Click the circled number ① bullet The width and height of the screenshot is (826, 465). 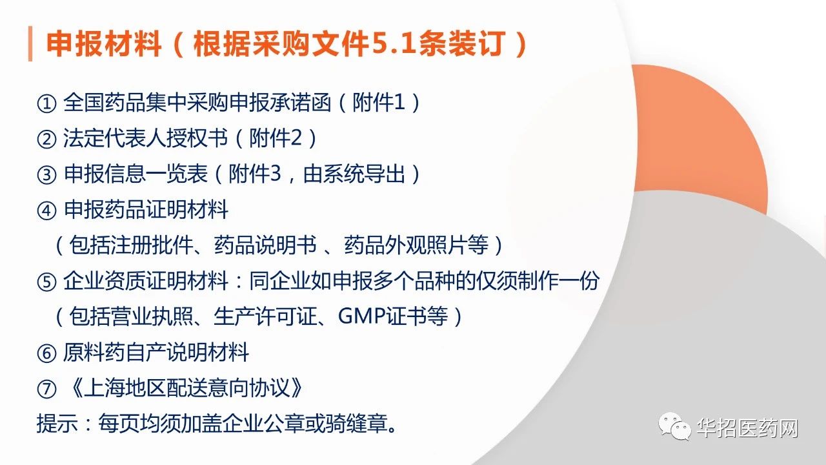coord(46,103)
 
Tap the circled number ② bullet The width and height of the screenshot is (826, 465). coord(46,139)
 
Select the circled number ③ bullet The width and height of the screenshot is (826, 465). coord(46,175)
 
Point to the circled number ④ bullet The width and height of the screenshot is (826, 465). coord(46,211)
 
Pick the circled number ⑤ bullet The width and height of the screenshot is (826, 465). coord(46,282)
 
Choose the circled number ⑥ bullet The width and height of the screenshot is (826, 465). coord(46,353)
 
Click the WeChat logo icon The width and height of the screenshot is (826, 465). coord(675,427)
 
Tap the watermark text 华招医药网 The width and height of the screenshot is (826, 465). coord(747,428)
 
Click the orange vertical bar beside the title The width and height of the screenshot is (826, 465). coord(30,43)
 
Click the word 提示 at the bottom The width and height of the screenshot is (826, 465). coord(57,423)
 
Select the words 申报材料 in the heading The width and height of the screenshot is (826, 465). coord(104,44)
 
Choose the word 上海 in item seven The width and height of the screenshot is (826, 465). coord(105,388)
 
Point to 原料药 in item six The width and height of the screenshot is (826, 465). coord(94,353)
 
